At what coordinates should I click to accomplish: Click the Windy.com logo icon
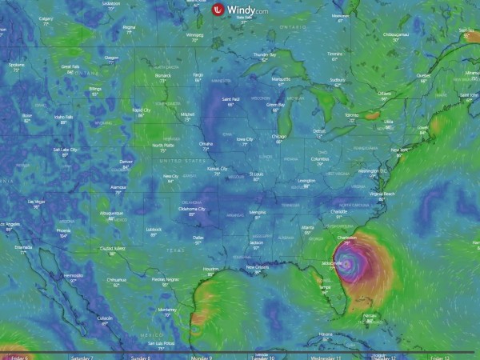[x=217, y=10]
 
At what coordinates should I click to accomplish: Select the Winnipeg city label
[x=194, y=35]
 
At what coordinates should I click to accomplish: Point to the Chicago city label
[x=278, y=136]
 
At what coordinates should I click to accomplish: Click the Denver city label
[x=126, y=161]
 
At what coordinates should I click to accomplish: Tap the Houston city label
[x=210, y=268]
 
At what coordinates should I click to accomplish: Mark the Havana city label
[x=324, y=334]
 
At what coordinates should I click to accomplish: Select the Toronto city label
[x=352, y=114]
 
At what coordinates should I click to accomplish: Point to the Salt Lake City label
[x=66, y=149]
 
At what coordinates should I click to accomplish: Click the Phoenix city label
[x=64, y=230]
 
